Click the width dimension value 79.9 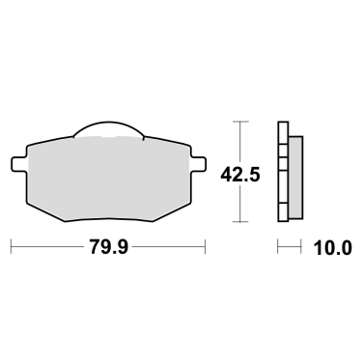point(109,247)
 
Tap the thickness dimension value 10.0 point(331,247)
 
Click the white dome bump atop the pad point(108,129)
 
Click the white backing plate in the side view point(283,174)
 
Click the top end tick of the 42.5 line point(240,122)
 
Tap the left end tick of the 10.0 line point(278,247)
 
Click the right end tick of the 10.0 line point(302,247)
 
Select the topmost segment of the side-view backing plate point(283,129)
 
